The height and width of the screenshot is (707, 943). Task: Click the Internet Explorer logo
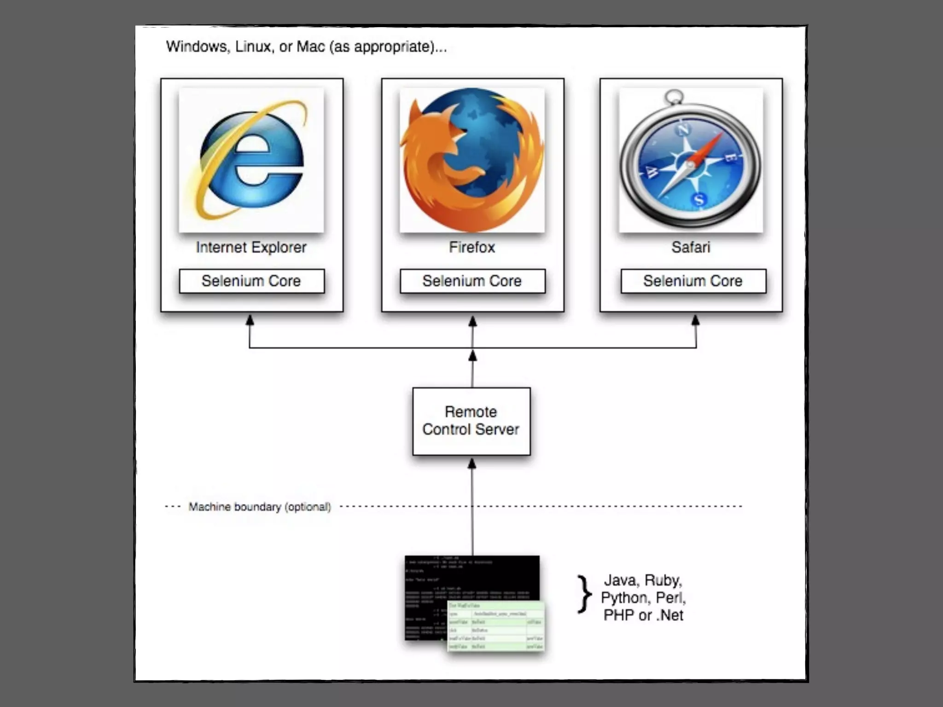click(x=251, y=160)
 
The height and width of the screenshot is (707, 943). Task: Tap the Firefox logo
click(x=472, y=160)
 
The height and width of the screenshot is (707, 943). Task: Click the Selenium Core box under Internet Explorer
click(x=251, y=281)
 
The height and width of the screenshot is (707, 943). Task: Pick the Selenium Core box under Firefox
click(x=472, y=281)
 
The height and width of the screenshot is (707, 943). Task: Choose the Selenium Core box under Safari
click(x=693, y=281)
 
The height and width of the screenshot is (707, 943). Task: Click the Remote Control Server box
click(x=471, y=421)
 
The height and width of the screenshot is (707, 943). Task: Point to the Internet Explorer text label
click(x=251, y=247)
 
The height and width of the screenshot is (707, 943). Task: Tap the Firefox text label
click(x=472, y=247)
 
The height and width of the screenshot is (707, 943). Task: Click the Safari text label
click(x=691, y=247)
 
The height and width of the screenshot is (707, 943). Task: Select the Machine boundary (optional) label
click(x=260, y=507)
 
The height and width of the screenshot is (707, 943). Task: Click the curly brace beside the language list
click(x=584, y=595)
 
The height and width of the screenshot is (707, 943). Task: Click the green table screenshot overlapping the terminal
click(x=496, y=626)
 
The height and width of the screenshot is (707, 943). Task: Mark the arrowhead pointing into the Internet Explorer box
click(x=250, y=319)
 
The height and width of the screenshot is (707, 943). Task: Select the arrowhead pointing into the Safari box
click(x=696, y=319)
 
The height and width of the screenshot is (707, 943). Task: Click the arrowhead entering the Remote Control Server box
click(x=472, y=463)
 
